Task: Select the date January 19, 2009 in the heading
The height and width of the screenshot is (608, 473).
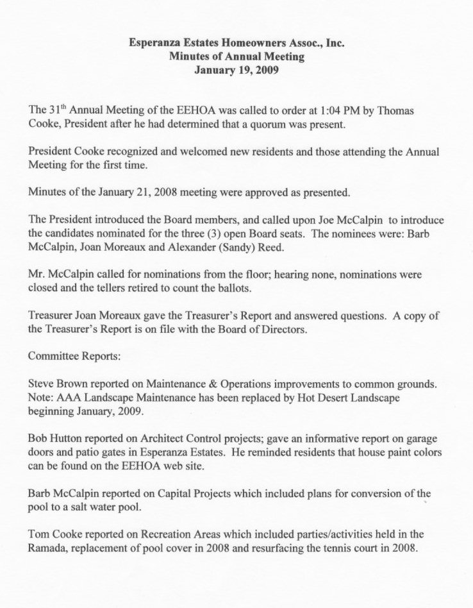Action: click(236, 69)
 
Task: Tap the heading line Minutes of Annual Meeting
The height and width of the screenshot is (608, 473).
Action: click(236, 56)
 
